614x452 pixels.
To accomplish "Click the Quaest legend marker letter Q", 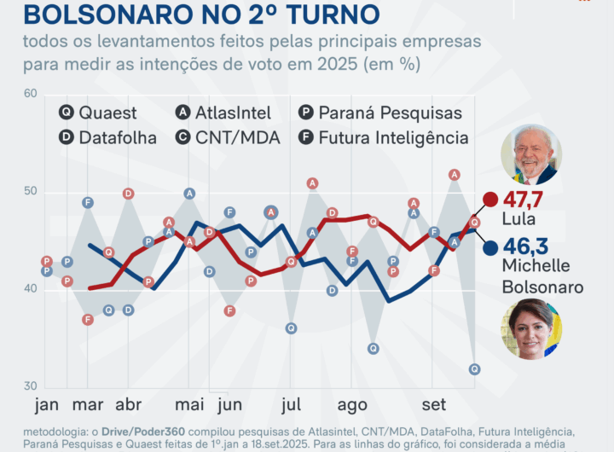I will (x=66, y=113).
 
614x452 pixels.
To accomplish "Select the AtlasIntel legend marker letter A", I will (x=183, y=113).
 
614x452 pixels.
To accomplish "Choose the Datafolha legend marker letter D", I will (x=66, y=137).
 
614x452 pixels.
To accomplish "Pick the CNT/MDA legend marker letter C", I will (x=183, y=137).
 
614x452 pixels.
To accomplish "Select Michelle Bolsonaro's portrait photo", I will (x=530, y=328).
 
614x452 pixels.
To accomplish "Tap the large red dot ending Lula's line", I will (x=490, y=200).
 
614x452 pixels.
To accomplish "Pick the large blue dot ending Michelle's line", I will (x=490, y=248).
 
